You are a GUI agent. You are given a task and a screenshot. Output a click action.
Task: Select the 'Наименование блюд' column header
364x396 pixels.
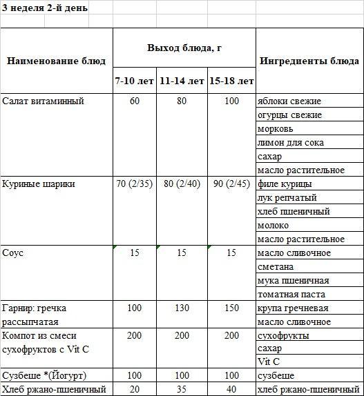(56, 61)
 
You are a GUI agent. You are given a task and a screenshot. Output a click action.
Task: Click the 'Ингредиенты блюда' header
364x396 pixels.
(309, 61)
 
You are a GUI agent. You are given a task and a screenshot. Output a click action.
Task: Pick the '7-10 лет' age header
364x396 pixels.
(135, 81)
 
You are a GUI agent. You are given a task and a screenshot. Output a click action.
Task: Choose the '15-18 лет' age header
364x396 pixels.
(231, 81)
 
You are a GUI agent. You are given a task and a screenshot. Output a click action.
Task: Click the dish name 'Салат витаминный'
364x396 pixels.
(43, 101)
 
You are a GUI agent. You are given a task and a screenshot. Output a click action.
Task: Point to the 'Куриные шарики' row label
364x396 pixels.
(39, 184)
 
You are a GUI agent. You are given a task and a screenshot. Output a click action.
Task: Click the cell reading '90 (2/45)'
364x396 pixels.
(231, 184)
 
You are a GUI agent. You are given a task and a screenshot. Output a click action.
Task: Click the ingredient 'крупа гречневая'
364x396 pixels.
(292, 308)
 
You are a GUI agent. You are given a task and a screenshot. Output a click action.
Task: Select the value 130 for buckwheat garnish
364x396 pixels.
(182, 308)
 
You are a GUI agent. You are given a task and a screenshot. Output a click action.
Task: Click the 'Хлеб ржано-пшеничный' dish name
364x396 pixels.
(55, 389)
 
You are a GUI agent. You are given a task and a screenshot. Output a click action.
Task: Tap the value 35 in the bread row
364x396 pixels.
(182, 389)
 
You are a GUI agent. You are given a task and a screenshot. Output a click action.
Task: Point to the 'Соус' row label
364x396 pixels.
(13, 253)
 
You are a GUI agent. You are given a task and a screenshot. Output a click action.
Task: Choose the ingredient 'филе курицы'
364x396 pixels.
(284, 184)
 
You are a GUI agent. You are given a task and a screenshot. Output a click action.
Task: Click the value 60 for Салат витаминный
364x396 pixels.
(135, 101)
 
